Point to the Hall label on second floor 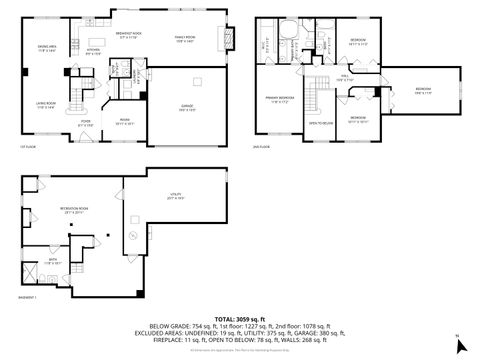coord(344,76)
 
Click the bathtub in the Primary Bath coord(289,44)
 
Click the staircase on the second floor coord(318,92)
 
